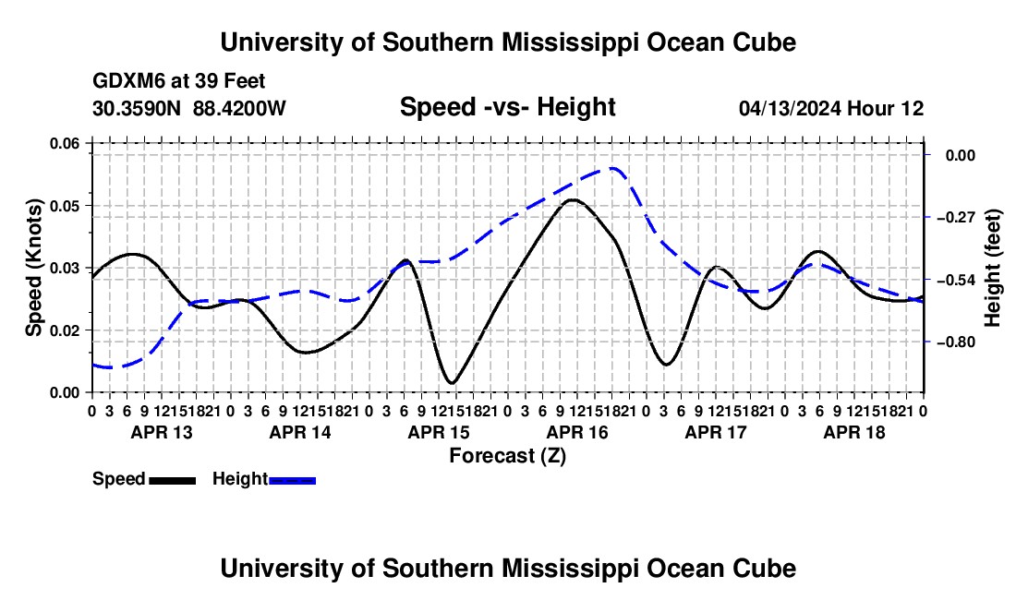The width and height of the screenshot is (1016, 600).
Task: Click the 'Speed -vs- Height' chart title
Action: pyautogui.click(x=507, y=107)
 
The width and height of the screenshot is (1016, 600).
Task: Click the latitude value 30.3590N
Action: pyautogui.click(x=137, y=108)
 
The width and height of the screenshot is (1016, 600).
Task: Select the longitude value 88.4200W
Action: pyautogui.click(x=239, y=108)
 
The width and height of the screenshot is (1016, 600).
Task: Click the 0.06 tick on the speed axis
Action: pyautogui.click(x=64, y=144)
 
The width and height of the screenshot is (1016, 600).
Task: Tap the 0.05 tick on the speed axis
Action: pyautogui.click(x=64, y=206)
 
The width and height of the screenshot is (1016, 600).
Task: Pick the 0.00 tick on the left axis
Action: pyautogui.click(x=64, y=392)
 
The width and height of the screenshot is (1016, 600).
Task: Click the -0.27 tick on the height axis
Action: pyautogui.click(x=956, y=217)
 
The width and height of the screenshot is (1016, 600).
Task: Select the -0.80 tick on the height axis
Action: pyautogui.click(x=956, y=342)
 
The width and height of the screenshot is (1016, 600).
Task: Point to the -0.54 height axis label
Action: pyautogui.click(x=956, y=280)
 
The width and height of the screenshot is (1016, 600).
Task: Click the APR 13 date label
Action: pyautogui.click(x=162, y=432)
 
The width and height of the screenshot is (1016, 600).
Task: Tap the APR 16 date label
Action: pyautogui.click(x=577, y=432)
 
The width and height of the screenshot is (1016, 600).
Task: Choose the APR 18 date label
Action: pyautogui.click(x=854, y=432)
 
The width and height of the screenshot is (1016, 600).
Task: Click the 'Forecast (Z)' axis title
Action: pyautogui.click(x=507, y=456)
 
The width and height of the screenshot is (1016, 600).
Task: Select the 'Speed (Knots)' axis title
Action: pyautogui.click(x=33, y=268)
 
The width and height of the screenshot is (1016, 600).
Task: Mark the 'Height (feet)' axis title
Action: pyautogui.click(x=993, y=268)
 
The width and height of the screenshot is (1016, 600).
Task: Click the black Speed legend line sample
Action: pyautogui.click(x=173, y=480)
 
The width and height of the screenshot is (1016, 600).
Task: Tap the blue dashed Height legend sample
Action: pyautogui.click(x=292, y=480)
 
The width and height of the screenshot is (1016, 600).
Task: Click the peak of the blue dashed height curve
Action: pyautogui.click(x=611, y=168)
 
